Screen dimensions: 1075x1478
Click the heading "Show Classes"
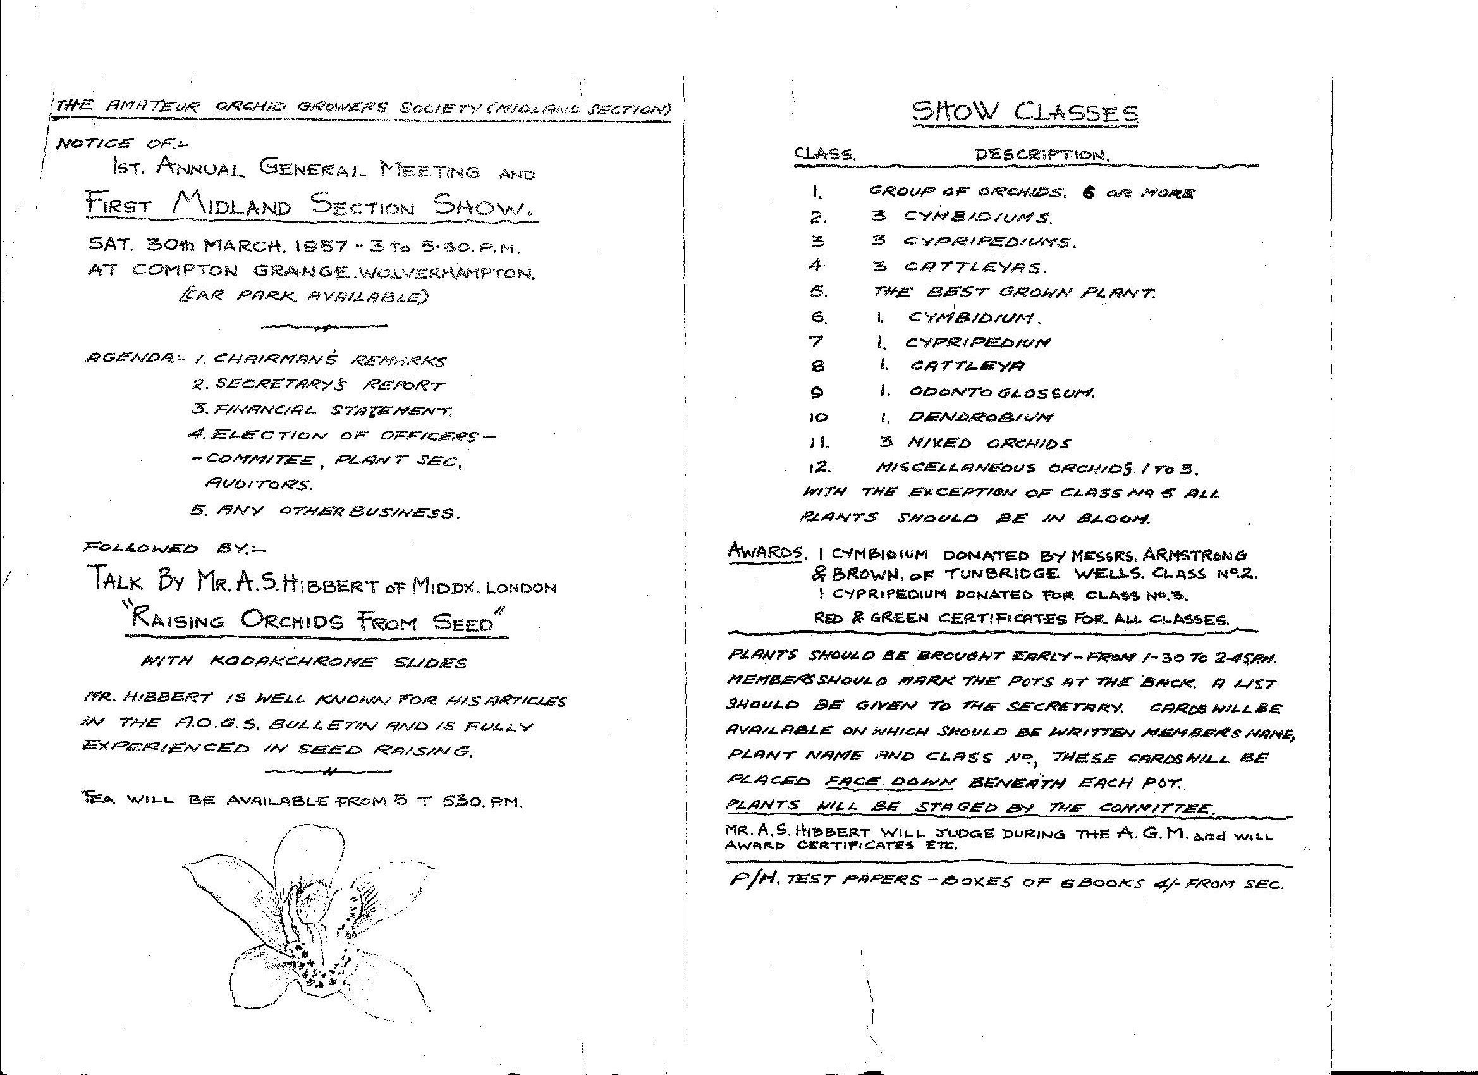pos(1025,112)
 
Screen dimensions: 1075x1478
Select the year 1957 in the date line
pos(324,247)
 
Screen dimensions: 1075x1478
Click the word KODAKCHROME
pos(293,661)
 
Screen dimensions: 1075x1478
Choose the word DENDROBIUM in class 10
pos(980,417)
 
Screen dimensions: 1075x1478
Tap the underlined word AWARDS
pos(765,551)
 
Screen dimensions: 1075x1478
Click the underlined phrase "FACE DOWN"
pos(890,782)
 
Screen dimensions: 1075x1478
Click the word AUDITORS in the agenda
pos(258,484)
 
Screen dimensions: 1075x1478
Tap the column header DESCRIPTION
pos(1041,155)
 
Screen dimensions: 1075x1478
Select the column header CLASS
pos(824,154)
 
